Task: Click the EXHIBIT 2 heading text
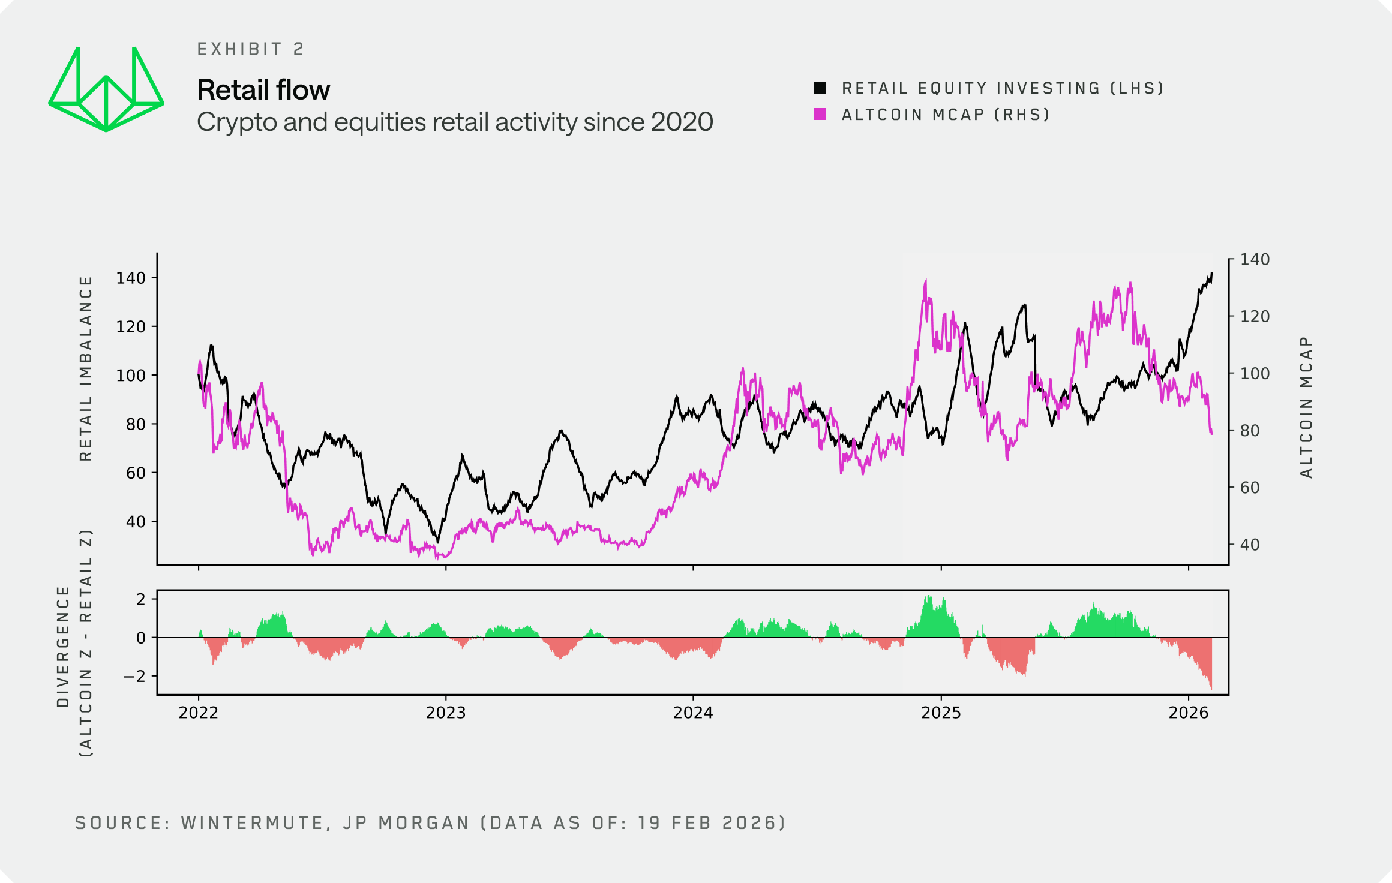click(250, 49)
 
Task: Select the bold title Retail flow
click(263, 90)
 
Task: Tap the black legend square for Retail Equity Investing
click(820, 88)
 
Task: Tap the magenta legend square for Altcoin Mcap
click(820, 114)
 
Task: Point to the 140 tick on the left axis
click(131, 278)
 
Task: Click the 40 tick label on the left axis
click(136, 522)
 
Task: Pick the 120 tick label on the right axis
click(1255, 316)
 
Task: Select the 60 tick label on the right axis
click(1250, 488)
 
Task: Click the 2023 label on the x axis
click(445, 713)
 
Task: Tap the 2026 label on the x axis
click(1188, 713)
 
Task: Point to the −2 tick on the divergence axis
click(134, 677)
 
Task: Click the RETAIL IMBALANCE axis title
click(86, 368)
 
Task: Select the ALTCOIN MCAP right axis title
click(1306, 407)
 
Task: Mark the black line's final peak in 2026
click(1211, 274)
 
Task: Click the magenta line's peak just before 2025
click(926, 280)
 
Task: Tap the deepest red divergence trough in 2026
click(1211, 687)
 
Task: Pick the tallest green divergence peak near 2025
click(928, 596)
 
